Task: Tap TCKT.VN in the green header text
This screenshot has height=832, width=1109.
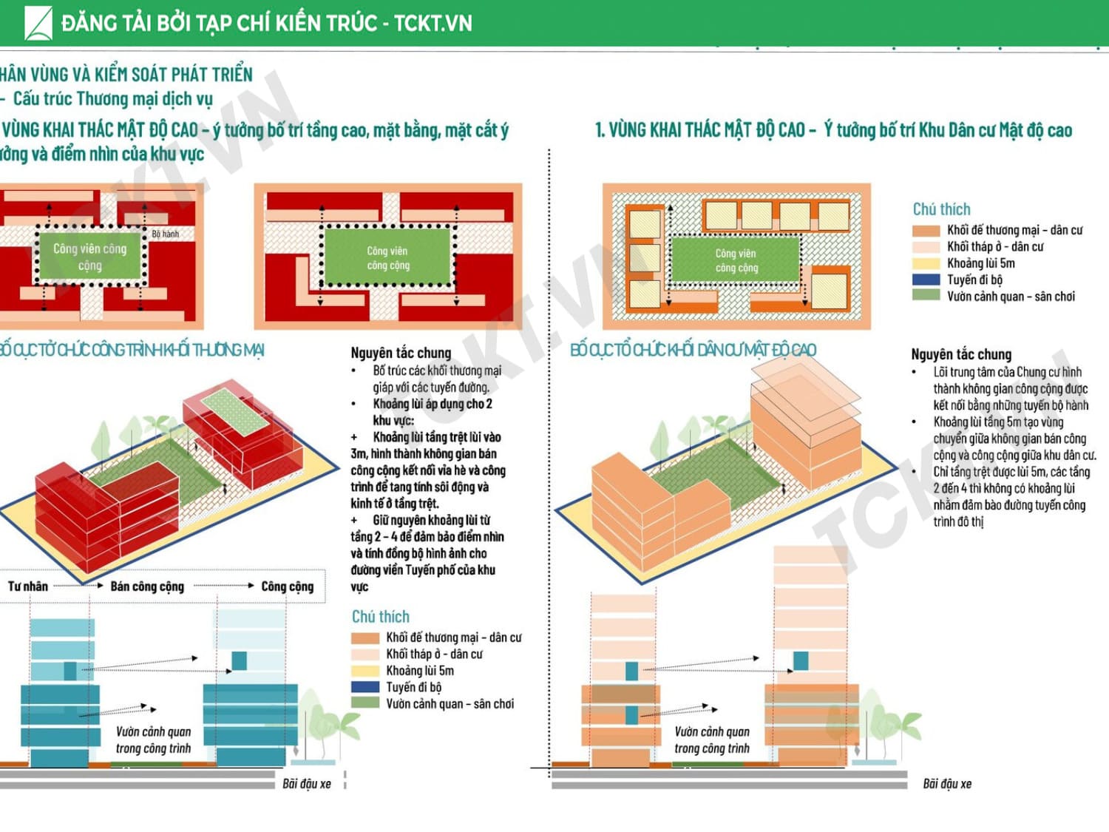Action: (433, 23)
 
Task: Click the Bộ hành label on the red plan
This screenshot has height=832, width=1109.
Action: (165, 234)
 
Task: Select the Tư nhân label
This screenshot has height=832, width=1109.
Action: (28, 586)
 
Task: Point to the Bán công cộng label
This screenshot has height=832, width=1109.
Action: (147, 586)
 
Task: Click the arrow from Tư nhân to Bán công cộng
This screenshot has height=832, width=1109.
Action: (78, 586)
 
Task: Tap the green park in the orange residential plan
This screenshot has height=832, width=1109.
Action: (736, 259)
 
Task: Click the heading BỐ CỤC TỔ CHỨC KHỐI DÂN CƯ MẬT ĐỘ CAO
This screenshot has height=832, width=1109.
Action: (693, 350)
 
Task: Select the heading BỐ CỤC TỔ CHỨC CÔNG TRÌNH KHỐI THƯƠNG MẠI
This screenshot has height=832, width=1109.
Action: (131, 350)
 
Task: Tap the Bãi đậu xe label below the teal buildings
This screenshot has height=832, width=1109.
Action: (306, 783)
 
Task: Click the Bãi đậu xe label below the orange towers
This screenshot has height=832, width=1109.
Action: (946, 783)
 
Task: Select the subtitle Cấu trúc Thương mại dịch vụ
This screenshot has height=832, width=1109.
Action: (112, 98)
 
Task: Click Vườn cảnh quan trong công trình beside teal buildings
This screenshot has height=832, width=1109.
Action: (153, 740)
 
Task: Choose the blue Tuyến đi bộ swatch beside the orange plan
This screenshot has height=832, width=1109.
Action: (926, 280)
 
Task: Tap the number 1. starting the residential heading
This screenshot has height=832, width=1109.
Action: (600, 131)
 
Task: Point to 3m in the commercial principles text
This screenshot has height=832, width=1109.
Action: (358, 453)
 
